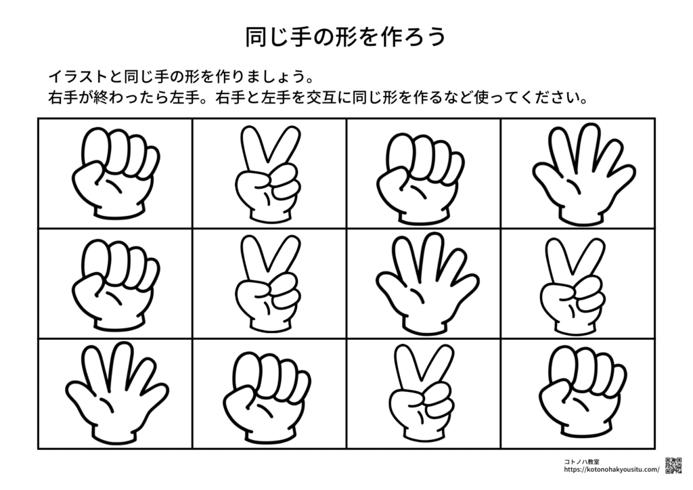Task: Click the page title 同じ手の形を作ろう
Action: tap(346, 37)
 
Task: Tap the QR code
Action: tap(673, 466)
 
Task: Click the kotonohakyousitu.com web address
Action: tap(611, 470)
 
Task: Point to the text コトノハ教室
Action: tap(581, 462)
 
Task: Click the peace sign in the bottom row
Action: tap(422, 393)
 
